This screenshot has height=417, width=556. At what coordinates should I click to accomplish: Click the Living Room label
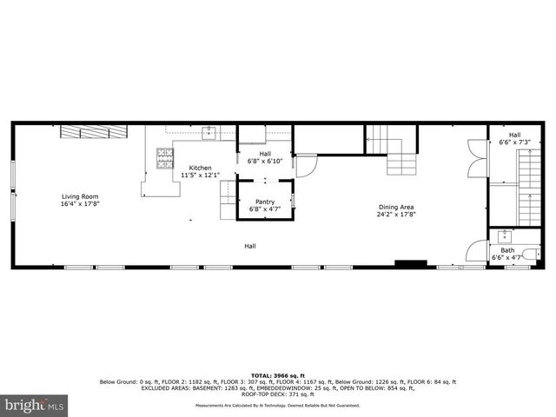(80, 196)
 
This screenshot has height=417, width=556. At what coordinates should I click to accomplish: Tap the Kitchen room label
(201, 168)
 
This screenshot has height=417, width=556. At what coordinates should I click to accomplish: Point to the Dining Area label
(397, 207)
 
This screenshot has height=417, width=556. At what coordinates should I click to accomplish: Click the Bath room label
(507, 250)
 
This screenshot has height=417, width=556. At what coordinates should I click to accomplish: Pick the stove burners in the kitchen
(163, 157)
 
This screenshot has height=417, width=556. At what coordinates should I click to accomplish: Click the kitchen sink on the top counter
(209, 132)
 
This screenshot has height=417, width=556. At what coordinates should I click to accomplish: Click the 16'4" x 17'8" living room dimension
(80, 203)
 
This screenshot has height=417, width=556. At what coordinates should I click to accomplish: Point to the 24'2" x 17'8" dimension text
(397, 214)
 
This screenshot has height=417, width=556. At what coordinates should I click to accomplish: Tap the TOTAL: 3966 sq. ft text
(278, 374)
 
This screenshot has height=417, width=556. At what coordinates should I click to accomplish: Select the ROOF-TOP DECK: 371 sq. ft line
(278, 387)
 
